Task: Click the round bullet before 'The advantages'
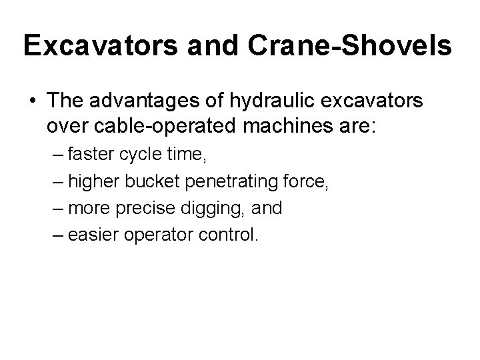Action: [x=32, y=101]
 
